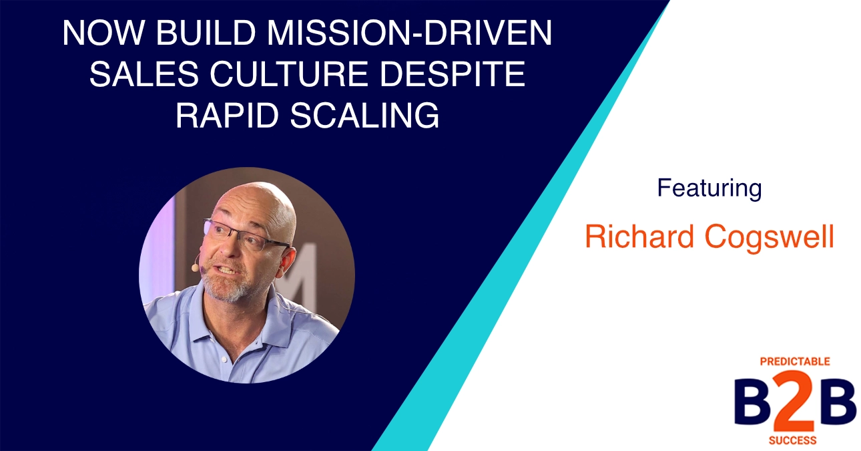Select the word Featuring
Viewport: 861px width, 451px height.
click(709, 188)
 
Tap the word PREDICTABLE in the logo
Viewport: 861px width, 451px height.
click(795, 361)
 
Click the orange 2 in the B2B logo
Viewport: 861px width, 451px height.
click(796, 404)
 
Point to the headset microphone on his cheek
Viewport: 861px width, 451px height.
click(195, 267)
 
